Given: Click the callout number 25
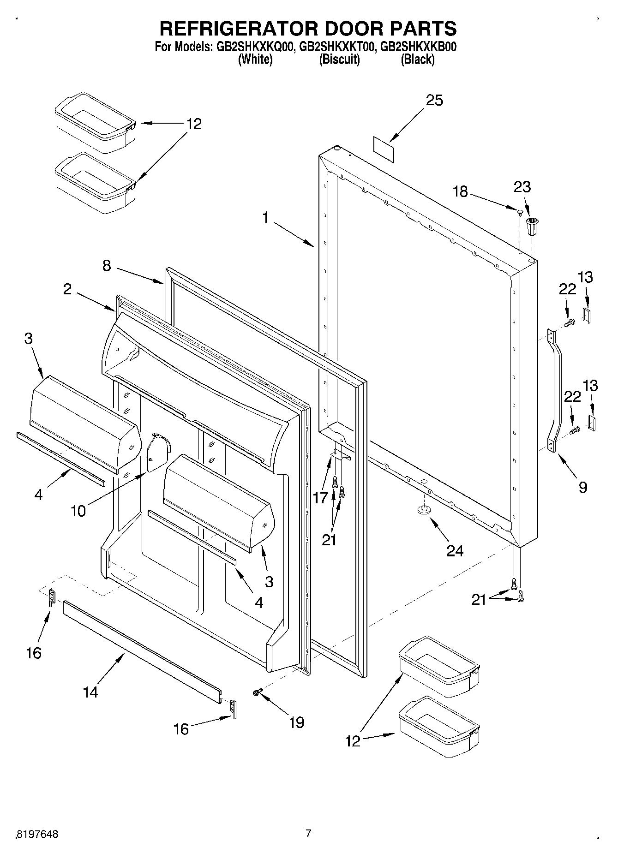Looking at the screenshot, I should pos(434,101).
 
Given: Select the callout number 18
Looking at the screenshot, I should pos(460,191).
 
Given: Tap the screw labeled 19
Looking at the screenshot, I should pos(257,692).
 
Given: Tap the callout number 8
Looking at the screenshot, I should pos(107,266).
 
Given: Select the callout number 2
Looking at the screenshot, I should pos(68,290).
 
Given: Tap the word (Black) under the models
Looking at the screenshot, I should pos(417,59).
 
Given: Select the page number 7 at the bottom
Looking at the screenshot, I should pos(308,833).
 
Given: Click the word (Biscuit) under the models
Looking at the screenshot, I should pos(339,59).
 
